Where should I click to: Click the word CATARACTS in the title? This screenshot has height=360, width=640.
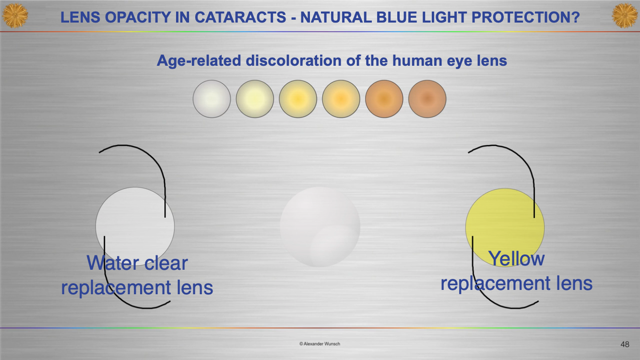coord(240,17)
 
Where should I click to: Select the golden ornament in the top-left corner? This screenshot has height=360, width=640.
coord(15,15)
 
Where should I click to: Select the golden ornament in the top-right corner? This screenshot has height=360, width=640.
coord(625,15)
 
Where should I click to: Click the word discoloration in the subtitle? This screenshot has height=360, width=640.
coord(294,60)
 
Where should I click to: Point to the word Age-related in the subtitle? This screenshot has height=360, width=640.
coord(199,61)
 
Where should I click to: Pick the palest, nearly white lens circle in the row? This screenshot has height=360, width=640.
coord(212,99)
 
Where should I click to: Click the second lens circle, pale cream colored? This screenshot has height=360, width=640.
coord(255,99)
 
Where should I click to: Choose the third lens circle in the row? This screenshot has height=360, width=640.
coord(298,99)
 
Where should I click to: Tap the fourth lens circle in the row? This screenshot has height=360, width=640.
coord(341,99)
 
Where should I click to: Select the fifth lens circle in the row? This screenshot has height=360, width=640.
coord(384,99)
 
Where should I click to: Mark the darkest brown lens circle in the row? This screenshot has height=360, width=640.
coord(427,99)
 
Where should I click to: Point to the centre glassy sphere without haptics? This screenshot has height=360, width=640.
coord(320,227)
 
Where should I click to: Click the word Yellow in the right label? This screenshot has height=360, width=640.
coord(516,259)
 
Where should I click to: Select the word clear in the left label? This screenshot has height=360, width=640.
coord(166,263)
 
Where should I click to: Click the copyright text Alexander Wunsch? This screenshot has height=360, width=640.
coord(320,344)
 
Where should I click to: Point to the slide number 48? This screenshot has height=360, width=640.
coord(625,344)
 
